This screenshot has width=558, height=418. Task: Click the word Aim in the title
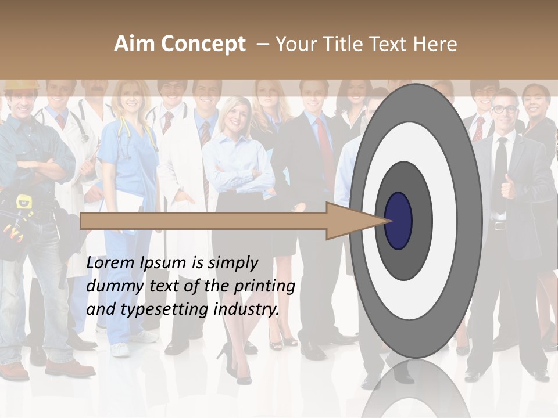pos(135,44)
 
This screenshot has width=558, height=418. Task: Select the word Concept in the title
pos(203,45)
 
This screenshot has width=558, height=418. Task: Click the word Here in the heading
pos(436,44)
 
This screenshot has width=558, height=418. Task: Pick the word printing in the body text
pos(264,286)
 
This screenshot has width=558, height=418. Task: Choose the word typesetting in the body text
pos(164,309)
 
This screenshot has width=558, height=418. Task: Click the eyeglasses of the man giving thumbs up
pos(505,109)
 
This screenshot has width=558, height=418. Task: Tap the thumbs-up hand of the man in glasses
pos(509,186)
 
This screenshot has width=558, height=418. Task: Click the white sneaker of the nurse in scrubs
pos(120,349)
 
